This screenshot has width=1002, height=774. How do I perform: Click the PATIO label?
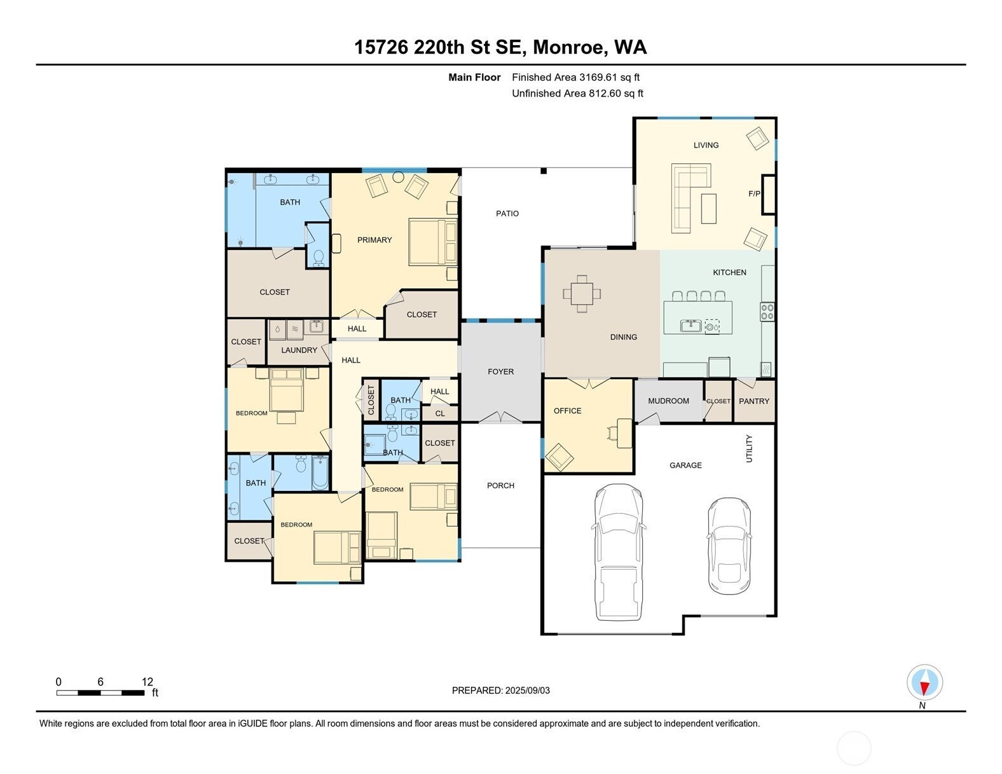point(507,214)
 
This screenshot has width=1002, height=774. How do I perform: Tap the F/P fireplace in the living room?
point(768,194)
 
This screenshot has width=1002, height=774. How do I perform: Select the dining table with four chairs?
point(582,294)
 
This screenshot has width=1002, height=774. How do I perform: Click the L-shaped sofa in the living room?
point(687,195)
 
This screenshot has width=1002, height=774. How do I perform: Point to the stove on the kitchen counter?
point(767,312)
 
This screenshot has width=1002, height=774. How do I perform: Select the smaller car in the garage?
point(729,544)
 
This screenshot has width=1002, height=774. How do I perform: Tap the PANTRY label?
point(754,401)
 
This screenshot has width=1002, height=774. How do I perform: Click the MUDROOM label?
point(668,401)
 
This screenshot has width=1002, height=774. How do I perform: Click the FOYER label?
point(500,372)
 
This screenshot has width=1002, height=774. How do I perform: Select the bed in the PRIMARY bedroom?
point(433,242)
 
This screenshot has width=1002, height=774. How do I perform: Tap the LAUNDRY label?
point(299,350)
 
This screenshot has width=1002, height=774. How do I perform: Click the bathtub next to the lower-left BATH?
point(320,473)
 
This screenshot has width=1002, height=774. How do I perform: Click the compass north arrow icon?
point(924,683)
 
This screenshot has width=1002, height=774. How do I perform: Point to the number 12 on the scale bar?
point(147,682)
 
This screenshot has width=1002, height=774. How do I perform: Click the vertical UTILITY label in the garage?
point(749,448)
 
